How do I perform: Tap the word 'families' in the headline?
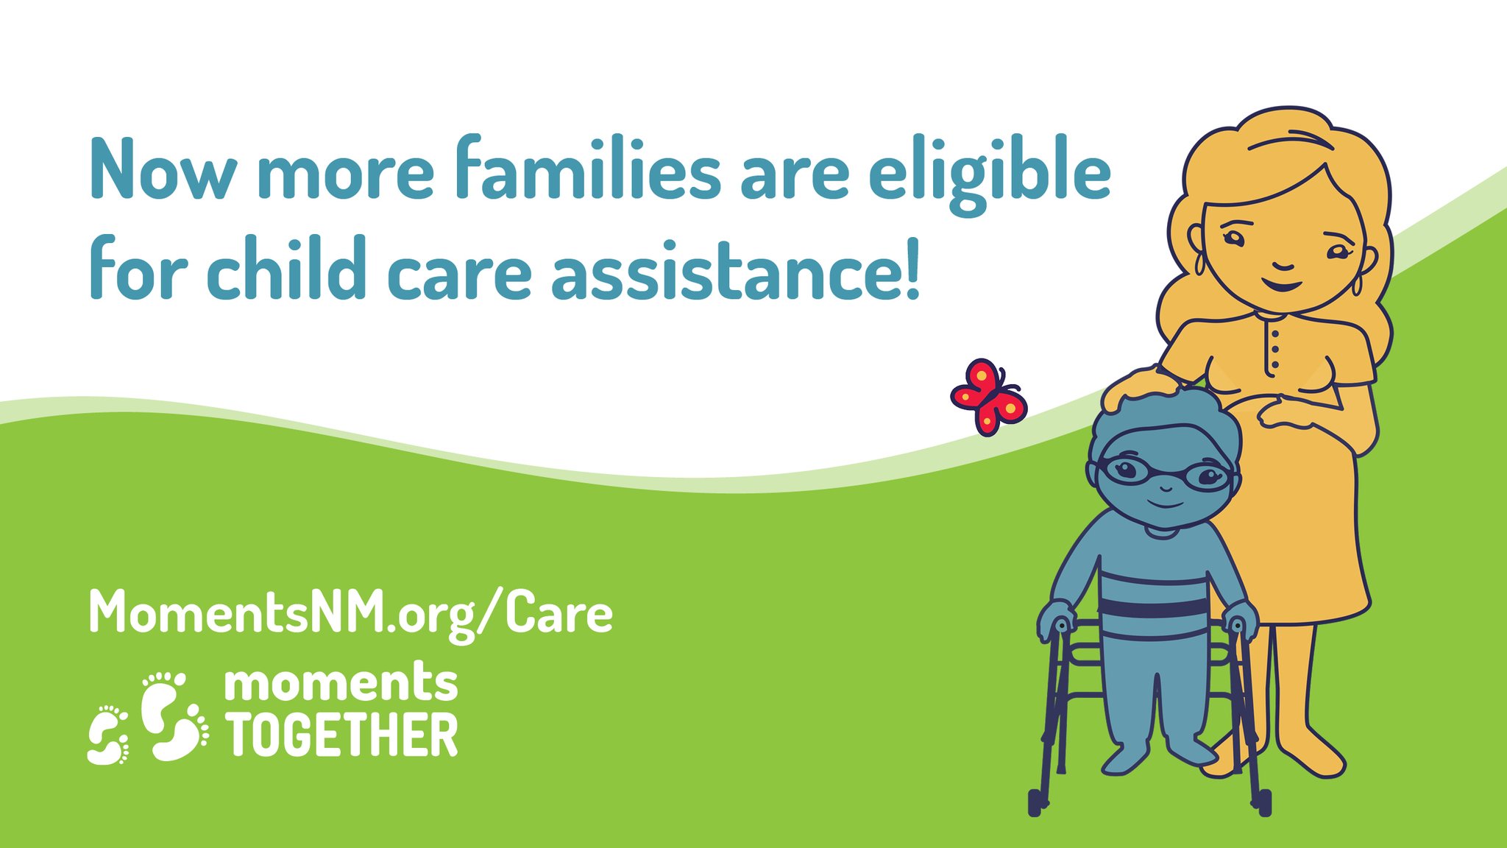587,169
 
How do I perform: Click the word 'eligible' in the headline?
989,173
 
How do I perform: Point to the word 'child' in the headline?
286,268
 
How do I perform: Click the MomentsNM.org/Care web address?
350,612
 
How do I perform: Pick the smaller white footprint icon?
108,735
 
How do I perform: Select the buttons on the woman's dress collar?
1274,350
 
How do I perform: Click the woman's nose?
1283,264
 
